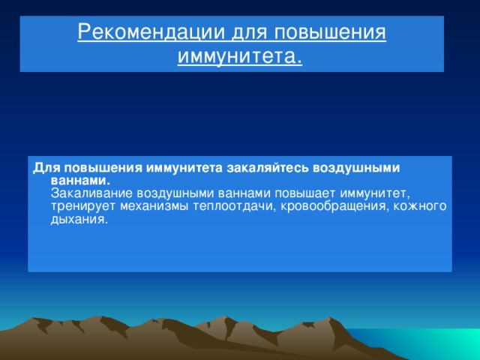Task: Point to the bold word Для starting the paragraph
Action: click(x=42, y=168)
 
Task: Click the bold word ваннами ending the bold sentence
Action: click(x=80, y=181)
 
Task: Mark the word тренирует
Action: click(x=80, y=206)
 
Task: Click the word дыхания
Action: click(x=79, y=219)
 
